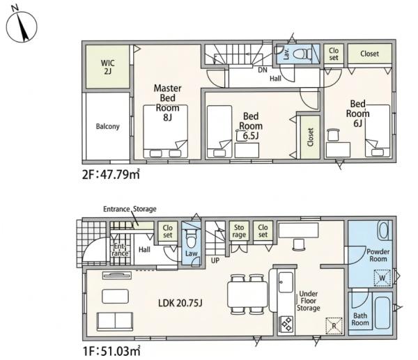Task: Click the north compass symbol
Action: coord(22,26)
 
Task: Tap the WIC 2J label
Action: coord(108,67)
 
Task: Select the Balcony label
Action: coord(108,126)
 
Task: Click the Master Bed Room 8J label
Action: coord(168,102)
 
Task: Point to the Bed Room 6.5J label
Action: coord(251,126)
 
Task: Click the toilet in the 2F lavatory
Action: coord(302,54)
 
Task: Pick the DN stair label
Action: coord(263,70)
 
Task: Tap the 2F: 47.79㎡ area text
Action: coord(111,175)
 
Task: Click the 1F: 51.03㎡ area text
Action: coord(111,351)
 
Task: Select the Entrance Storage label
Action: coord(130,209)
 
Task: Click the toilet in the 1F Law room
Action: coord(191,238)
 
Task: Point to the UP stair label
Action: coord(215,260)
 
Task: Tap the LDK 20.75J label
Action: coord(180,303)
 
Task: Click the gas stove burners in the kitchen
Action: coord(286,324)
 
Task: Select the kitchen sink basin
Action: coord(286,282)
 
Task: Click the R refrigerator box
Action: coord(334,326)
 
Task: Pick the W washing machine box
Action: coord(382,279)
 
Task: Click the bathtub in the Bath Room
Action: coord(382,313)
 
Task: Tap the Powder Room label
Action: coord(378,255)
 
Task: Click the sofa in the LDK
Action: coord(115,322)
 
